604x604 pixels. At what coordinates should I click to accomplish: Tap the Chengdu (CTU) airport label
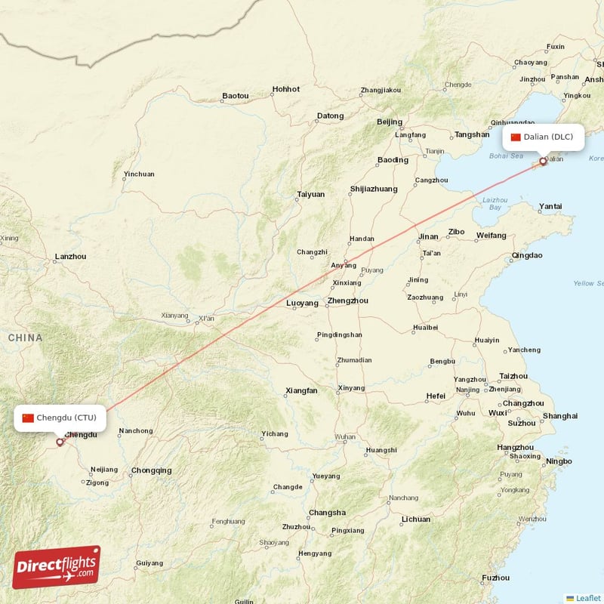[x=60, y=418]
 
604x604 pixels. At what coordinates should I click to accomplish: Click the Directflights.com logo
[x=57, y=567]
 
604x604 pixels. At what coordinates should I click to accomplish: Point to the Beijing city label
[x=390, y=122]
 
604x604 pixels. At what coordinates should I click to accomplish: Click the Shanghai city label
[x=560, y=416]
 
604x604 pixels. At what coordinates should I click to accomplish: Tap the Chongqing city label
[x=151, y=470]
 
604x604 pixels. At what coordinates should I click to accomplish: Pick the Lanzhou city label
[x=70, y=257]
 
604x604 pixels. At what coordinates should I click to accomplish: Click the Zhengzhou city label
[x=348, y=300]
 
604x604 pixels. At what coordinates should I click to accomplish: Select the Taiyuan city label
[x=310, y=194]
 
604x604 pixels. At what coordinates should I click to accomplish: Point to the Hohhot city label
[x=286, y=89]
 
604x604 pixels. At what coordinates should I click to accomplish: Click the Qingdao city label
[x=526, y=255]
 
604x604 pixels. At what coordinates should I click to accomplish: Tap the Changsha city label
[x=327, y=512]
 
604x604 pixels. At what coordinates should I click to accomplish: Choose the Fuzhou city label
[x=495, y=578]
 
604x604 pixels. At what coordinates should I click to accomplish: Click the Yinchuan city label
[x=139, y=174]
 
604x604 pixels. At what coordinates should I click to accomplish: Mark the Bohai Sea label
[x=506, y=156]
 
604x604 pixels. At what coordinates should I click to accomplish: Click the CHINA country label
[x=25, y=337]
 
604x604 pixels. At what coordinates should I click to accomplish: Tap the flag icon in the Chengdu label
[x=28, y=418]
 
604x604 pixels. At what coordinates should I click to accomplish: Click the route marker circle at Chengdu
[x=60, y=442]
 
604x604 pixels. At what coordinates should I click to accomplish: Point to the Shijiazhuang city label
[x=373, y=189]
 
